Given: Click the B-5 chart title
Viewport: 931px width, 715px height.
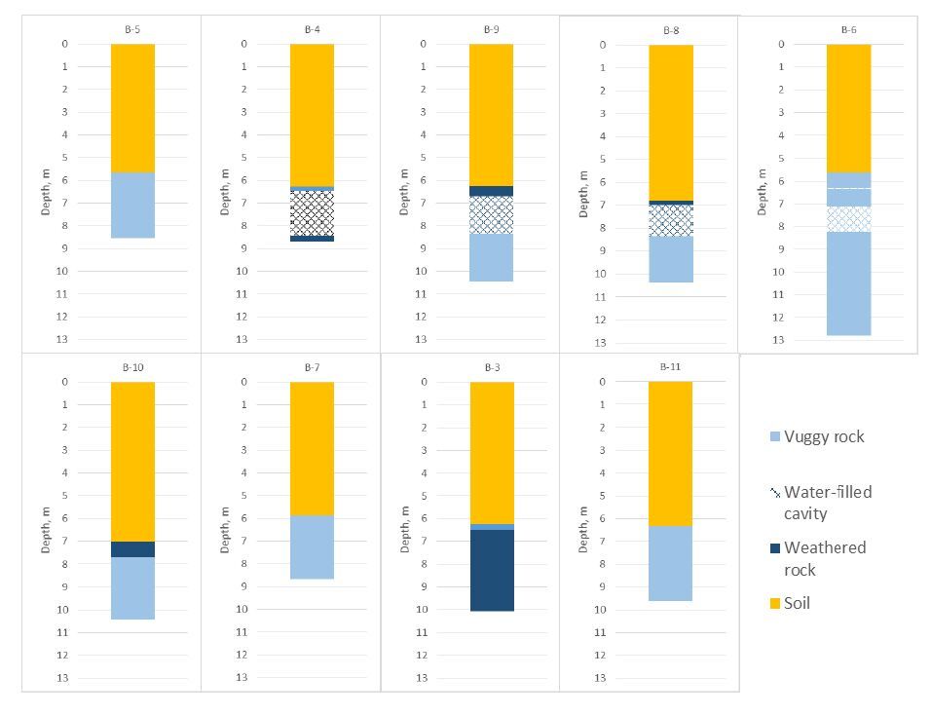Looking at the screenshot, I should pos(132,29).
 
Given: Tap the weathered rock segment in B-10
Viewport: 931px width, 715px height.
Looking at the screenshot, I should pos(132,549).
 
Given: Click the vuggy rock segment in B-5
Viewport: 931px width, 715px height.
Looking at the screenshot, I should pos(132,205).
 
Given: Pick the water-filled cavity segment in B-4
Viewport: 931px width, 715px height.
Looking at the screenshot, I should pos(312,212).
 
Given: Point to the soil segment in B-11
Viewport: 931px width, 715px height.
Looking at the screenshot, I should pos(670,453).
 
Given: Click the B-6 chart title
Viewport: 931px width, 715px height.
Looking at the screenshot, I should pos(848,29).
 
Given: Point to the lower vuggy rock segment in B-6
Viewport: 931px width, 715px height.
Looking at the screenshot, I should pos(848,282).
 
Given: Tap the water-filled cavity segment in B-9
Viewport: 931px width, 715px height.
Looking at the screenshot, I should pos(492,214).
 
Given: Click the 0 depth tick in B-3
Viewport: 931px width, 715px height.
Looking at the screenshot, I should pos(424,382).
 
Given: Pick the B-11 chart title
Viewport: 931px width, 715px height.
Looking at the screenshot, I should pos(670,367).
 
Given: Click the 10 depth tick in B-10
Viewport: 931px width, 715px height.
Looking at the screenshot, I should pos(66,610).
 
